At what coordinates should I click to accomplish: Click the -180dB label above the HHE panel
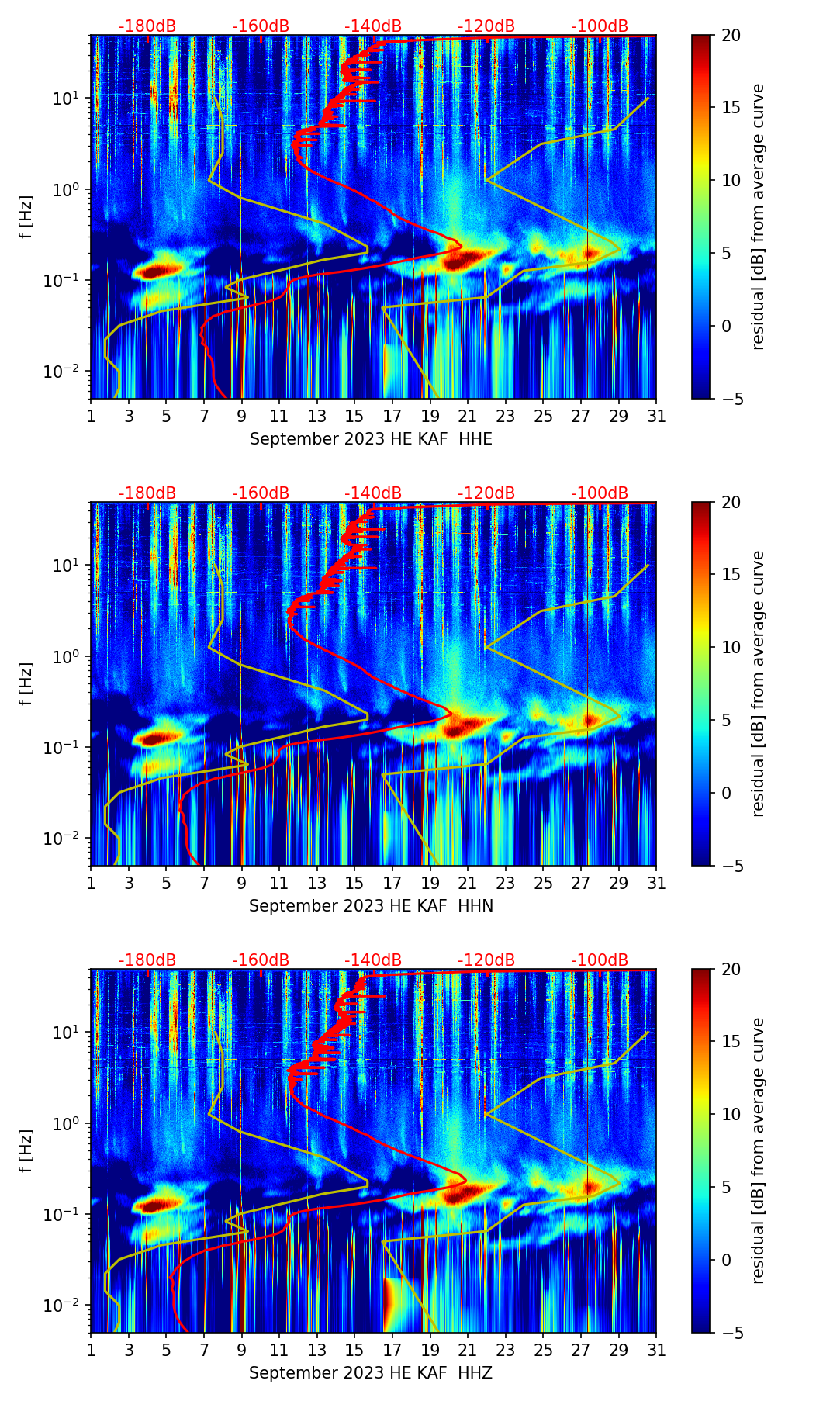point(147,27)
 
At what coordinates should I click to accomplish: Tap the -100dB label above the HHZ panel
point(600,961)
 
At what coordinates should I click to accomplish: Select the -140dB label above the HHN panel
point(373,494)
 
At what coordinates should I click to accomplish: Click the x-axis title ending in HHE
point(371,439)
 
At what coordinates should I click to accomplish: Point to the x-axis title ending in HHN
point(371,906)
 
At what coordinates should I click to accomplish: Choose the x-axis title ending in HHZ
point(371,1373)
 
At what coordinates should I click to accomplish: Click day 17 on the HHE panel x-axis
point(392,417)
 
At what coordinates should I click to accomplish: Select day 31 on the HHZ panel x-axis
point(656,1351)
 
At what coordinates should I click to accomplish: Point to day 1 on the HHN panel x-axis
point(91,884)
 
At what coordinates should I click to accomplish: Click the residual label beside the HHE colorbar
point(758,216)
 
